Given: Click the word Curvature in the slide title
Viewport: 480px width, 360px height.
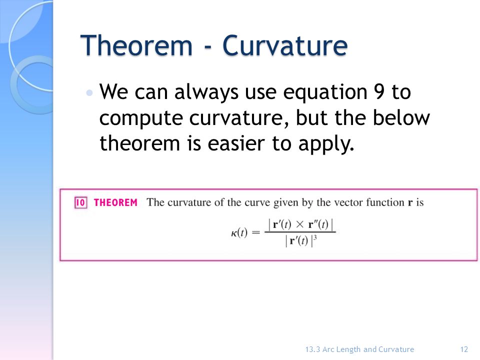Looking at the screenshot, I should (x=284, y=46).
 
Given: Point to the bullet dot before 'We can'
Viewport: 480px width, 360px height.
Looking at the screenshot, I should (x=89, y=93).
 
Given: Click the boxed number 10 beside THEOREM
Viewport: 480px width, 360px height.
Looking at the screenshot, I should (x=81, y=202).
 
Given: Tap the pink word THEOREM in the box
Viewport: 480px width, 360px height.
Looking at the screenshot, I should (x=115, y=202).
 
